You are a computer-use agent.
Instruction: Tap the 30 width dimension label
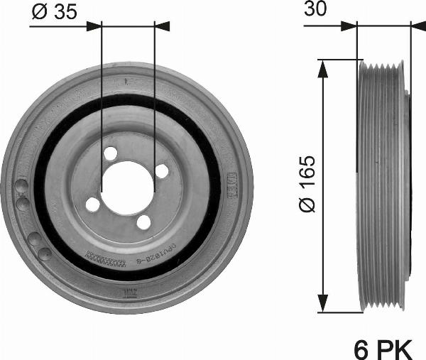click(317, 9)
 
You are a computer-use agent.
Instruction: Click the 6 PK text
click(383, 349)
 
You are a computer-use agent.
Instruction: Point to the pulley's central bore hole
click(128, 187)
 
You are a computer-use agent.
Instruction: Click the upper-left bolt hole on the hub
click(110, 153)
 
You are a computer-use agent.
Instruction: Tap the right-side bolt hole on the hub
click(161, 171)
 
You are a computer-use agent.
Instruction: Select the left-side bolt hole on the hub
click(93, 204)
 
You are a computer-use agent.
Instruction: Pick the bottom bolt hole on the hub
click(144, 222)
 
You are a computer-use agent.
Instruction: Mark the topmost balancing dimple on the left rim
click(22, 187)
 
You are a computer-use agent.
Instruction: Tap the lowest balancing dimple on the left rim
click(44, 253)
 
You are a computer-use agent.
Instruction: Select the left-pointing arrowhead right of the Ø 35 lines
click(163, 26)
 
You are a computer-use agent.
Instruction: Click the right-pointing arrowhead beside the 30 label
click(348, 26)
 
